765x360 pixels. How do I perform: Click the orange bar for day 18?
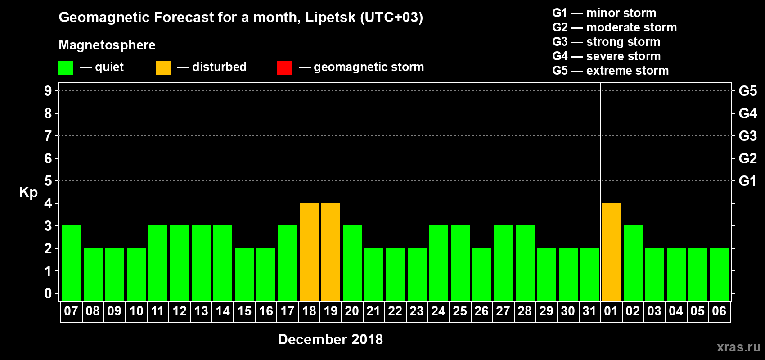(309, 252)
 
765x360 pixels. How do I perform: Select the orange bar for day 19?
(331, 252)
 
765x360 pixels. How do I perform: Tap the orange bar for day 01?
(612, 252)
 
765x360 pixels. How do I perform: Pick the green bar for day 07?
(72, 263)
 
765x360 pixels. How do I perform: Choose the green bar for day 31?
(590, 274)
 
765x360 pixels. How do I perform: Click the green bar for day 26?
(482, 274)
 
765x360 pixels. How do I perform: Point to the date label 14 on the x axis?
(223, 311)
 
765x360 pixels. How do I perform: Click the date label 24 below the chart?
(438, 311)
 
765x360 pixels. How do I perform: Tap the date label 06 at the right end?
(719, 311)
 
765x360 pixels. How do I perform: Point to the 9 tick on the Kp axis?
(48, 91)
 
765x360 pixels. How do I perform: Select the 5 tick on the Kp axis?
(48, 181)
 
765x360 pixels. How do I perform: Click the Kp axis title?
(28, 192)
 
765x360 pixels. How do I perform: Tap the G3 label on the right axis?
(747, 136)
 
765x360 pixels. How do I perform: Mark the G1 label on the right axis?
(747, 181)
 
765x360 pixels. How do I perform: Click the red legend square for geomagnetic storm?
(284, 68)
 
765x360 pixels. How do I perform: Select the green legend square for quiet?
(66, 68)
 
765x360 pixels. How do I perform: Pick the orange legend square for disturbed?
(163, 68)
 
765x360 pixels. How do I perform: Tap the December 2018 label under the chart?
(330, 339)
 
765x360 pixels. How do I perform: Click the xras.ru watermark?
(738, 347)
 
